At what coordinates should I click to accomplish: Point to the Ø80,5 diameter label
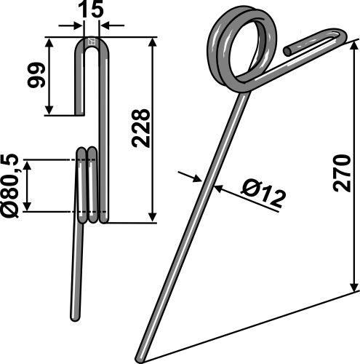pos(11,185)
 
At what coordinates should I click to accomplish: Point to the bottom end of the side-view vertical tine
pos(76,317)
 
